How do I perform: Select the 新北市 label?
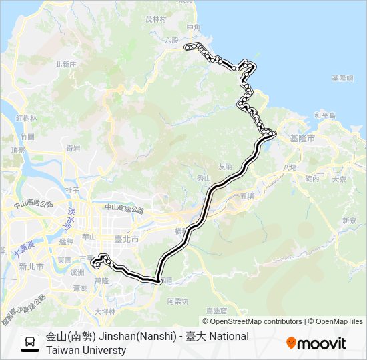[31, 266]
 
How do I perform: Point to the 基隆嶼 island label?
[342, 78]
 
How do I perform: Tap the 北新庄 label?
[67, 64]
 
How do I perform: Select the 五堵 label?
[247, 196]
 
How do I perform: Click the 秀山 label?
[204, 178]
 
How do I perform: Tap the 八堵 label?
[289, 167]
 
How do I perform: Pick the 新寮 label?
[349, 220]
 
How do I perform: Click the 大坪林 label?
[105, 311]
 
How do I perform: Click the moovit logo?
[316, 343]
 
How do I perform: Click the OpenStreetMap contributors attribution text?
[248, 321]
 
